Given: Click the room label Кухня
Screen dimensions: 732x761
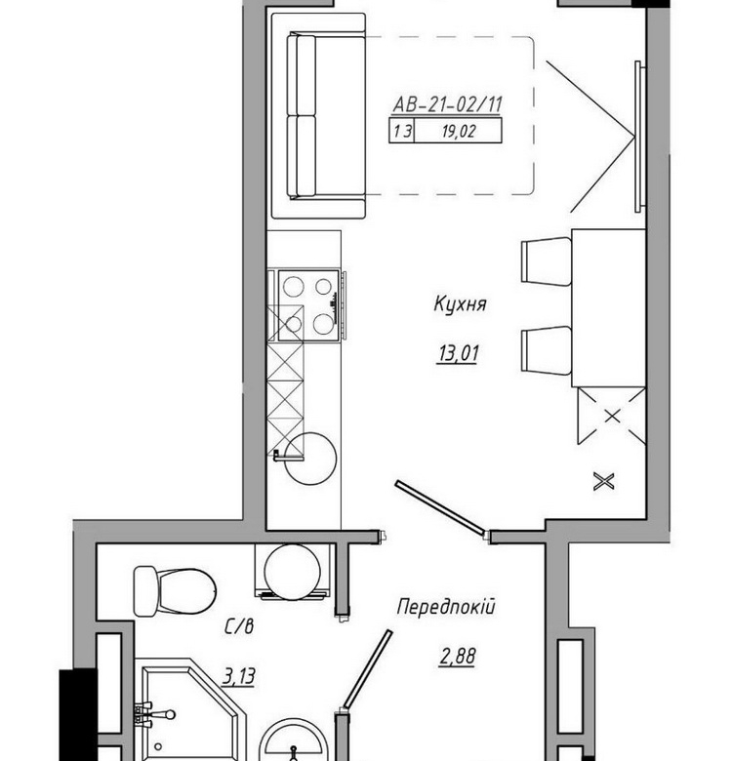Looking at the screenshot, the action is (460, 304).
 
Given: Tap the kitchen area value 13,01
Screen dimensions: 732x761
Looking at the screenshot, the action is (459, 353).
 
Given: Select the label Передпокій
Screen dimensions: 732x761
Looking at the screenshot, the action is (446, 607).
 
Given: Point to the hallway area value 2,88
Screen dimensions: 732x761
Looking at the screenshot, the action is (458, 657).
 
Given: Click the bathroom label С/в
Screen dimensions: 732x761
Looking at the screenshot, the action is (239, 627).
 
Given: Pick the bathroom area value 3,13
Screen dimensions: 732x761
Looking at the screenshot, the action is (239, 675).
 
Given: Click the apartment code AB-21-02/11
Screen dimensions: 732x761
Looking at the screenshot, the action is (447, 104).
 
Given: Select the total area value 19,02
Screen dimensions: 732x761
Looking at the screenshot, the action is (458, 131).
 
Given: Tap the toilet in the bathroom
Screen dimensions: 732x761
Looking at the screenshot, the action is (175, 591).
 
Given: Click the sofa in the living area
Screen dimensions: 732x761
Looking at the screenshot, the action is (318, 115).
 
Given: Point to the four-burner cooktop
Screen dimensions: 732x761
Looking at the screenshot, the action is (308, 305).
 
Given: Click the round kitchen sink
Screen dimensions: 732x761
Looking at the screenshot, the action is (310, 459).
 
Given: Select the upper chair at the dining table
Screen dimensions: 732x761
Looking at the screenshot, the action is (547, 261).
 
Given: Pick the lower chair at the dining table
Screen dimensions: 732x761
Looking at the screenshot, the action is (547, 350).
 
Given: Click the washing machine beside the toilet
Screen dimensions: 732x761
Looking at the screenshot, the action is (293, 572).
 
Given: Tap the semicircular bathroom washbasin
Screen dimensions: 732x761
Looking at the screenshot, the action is (293, 741).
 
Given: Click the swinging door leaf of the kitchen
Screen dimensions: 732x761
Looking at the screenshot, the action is (440, 508).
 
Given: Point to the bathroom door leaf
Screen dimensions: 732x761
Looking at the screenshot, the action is (367, 668).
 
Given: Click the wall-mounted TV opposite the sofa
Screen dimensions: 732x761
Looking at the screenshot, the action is (640, 137).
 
